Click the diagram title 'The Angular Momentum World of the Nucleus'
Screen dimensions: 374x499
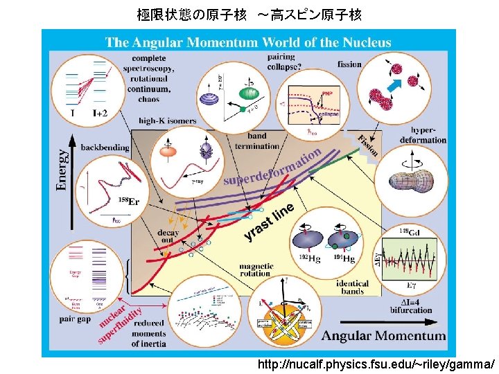point(248,43)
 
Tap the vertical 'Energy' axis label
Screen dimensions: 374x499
point(62,168)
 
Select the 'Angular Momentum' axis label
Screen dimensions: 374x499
point(384,336)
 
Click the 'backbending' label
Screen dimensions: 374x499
point(104,148)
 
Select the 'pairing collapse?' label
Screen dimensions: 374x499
point(281,61)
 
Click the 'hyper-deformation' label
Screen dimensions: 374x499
point(428,134)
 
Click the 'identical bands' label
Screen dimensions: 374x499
point(352,287)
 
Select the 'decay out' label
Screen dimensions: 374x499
point(168,235)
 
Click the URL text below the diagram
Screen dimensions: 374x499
point(376,364)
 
